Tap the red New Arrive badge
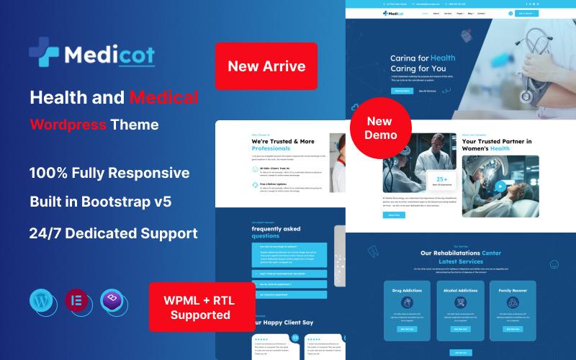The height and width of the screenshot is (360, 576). coord(266,66)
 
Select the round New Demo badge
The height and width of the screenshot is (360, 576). coord(381,129)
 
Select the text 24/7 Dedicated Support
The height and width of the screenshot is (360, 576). coord(114,233)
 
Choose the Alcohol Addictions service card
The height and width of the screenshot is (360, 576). coord(460,307)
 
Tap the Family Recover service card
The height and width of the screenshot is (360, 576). coord(513,307)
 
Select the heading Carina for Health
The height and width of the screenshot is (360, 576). coord(423,58)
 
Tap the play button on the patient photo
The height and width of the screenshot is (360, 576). coord(499,186)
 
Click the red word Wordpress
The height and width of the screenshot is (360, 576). coord(68,125)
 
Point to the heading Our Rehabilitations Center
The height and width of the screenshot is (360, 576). coord(461,253)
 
